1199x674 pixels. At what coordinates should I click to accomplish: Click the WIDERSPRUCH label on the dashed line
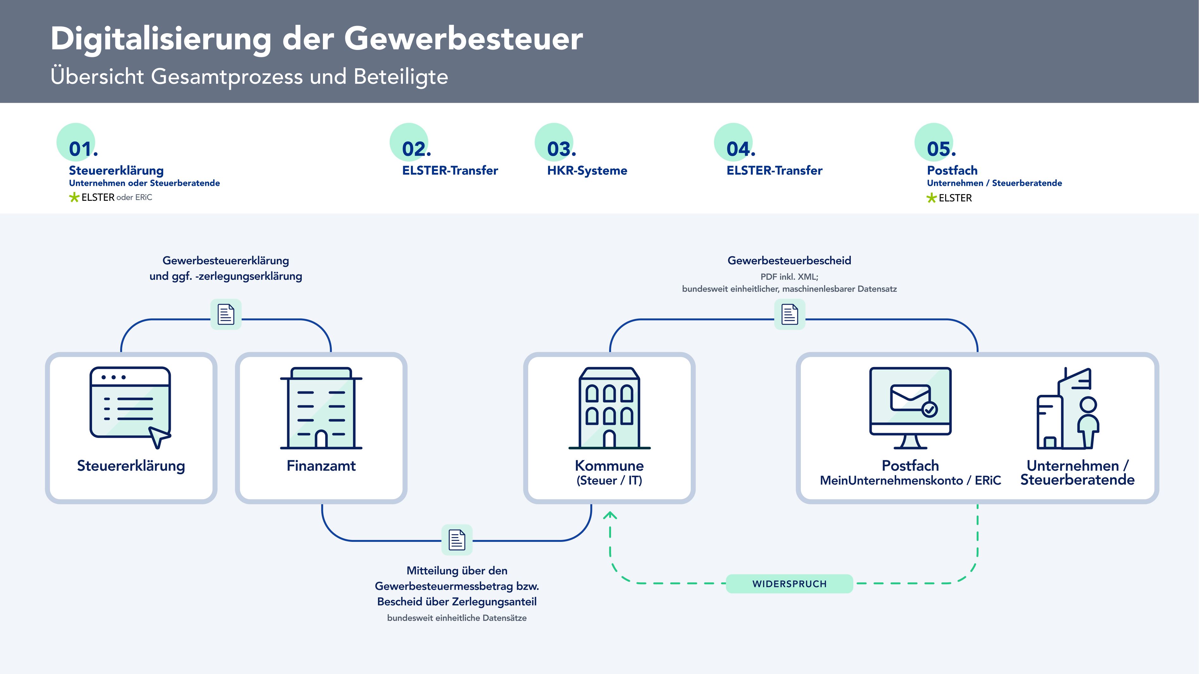[x=789, y=584]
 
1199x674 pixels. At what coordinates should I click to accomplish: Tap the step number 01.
[x=83, y=149]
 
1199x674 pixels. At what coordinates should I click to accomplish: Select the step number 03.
[x=562, y=149]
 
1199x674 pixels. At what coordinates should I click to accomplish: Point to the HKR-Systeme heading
[x=587, y=170]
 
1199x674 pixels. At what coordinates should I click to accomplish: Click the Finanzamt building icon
[x=321, y=408]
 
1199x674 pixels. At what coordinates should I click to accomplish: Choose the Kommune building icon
[x=609, y=408]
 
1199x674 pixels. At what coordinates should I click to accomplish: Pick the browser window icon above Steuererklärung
[x=130, y=408]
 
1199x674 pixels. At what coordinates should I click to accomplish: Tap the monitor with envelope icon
[x=911, y=408]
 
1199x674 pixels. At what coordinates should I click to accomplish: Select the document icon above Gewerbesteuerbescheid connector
[x=789, y=315]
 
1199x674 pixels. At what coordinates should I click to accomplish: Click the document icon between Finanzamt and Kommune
[x=457, y=540]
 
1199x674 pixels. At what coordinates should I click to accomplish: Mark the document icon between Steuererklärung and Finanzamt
[x=226, y=315]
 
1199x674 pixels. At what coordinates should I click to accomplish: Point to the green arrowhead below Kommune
[x=610, y=515]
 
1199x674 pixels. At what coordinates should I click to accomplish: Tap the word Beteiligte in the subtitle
[x=401, y=77]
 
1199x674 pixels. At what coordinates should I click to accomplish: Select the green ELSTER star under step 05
[x=932, y=198]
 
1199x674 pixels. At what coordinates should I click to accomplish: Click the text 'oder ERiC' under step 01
[x=134, y=197]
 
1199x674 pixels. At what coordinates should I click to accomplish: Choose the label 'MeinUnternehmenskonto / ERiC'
[x=911, y=481]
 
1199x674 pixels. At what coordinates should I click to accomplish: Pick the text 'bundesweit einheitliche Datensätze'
[x=457, y=618]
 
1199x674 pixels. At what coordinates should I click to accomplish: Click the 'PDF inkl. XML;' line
[x=789, y=277]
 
